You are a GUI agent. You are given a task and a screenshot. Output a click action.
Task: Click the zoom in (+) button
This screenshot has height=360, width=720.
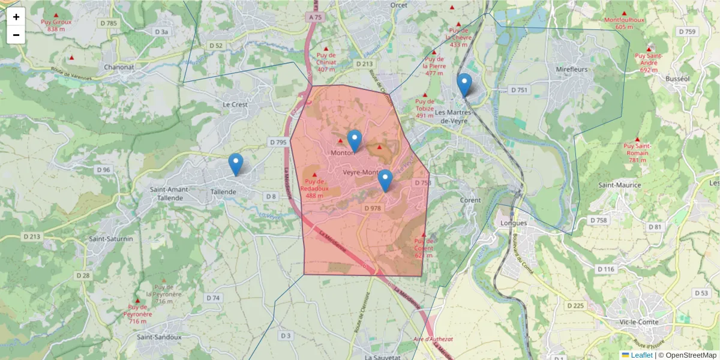pyautogui.click(x=16, y=17)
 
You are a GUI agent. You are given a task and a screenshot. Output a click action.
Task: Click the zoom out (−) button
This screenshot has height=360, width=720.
pyautogui.click(x=16, y=35)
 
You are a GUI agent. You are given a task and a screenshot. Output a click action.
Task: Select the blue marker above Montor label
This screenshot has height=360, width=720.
pyautogui.click(x=355, y=140)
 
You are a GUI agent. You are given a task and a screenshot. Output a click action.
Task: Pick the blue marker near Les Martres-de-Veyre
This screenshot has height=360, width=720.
pyautogui.click(x=464, y=85)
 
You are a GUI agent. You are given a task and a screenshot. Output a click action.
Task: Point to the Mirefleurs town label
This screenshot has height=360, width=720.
pyautogui.click(x=571, y=70)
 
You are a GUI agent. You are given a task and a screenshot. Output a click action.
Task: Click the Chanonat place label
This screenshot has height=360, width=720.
pyautogui.click(x=119, y=67)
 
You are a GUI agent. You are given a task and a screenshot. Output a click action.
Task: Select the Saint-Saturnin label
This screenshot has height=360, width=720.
pyautogui.click(x=111, y=239)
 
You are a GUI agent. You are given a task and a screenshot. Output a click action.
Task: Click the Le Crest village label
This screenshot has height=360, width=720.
pyautogui.click(x=235, y=104)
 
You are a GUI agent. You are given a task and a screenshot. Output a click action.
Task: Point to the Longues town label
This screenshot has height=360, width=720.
pyautogui.click(x=513, y=223)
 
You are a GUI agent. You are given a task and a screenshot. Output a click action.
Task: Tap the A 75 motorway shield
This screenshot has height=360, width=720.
pyautogui.click(x=316, y=18)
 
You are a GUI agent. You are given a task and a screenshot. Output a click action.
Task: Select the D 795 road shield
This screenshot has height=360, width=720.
pyautogui.click(x=278, y=142)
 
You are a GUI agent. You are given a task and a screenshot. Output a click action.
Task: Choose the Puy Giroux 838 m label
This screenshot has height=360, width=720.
pyautogui.click(x=56, y=25)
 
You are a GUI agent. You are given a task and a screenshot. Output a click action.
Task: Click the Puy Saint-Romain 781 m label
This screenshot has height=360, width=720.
pyautogui.click(x=637, y=152)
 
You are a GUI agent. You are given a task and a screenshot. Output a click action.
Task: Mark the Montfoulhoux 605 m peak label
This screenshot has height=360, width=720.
pyautogui.click(x=624, y=23)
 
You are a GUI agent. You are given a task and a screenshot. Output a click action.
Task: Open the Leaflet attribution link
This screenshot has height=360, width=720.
pyautogui.click(x=641, y=355)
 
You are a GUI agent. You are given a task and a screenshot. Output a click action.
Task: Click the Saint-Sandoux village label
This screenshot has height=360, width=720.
pyautogui.click(x=159, y=337)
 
